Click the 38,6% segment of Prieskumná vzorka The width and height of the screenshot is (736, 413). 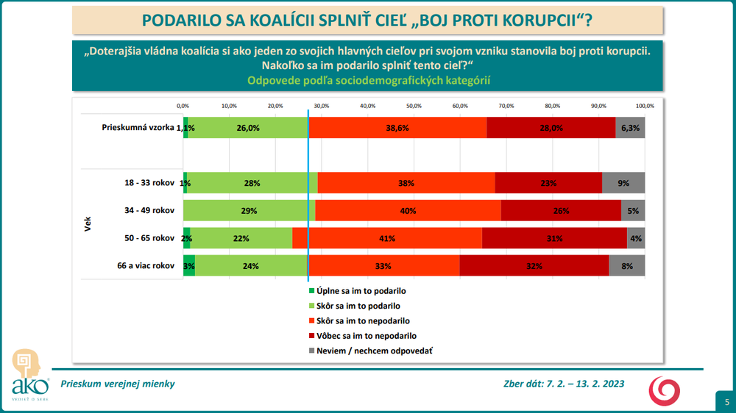point(397,127)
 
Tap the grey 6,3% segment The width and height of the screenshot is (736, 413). point(630,127)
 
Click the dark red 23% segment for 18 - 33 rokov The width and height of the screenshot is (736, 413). point(548,183)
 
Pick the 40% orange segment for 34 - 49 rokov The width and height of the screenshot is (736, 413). point(408,211)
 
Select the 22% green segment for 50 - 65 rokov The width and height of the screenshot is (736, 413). point(241,238)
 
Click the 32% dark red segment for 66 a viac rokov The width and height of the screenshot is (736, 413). point(534,266)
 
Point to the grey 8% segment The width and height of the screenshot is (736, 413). point(627,266)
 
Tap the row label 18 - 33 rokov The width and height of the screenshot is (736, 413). point(150,183)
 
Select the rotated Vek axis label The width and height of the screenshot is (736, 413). point(88,224)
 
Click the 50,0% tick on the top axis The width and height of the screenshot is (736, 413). point(414,106)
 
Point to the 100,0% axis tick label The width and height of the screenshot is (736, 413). point(644,106)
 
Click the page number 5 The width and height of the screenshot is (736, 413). point(726,401)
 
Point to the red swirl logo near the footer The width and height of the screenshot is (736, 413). point(663,389)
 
